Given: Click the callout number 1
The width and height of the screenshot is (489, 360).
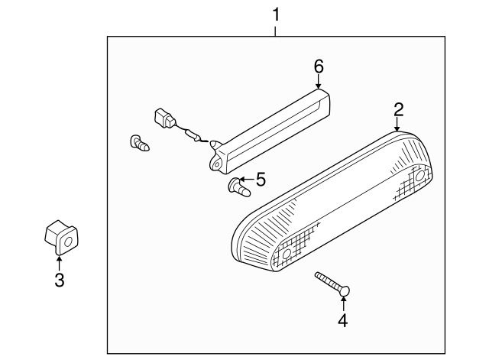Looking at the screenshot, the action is pyautogui.click(x=276, y=15).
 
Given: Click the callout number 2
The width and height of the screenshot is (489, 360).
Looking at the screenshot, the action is pyautogui.click(x=399, y=109).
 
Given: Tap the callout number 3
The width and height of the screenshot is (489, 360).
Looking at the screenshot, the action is pyautogui.click(x=60, y=280).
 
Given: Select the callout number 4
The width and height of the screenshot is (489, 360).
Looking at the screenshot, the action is pyautogui.click(x=343, y=320).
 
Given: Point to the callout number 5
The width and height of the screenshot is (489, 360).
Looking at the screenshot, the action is pyautogui.click(x=261, y=180).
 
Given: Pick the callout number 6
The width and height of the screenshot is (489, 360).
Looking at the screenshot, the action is pyautogui.click(x=319, y=66).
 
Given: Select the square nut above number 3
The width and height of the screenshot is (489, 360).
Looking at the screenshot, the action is pyautogui.click(x=61, y=237).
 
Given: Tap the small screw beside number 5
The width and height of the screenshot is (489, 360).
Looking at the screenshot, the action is pyautogui.click(x=239, y=187).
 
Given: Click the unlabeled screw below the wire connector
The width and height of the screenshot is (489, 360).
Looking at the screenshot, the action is pyautogui.click(x=139, y=144).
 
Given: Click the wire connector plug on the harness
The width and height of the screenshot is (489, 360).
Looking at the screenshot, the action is pyautogui.click(x=165, y=118).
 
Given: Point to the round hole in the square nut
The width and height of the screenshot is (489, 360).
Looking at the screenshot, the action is pyautogui.click(x=68, y=242).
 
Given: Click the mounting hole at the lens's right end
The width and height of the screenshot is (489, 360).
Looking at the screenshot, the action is pyautogui.click(x=419, y=177).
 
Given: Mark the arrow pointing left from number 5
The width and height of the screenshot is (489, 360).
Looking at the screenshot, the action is pyautogui.click(x=247, y=180).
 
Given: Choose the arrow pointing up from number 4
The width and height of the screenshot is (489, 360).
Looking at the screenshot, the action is pyautogui.click(x=343, y=304).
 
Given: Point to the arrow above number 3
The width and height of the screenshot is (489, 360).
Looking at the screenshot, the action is pyautogui.click(x=59, y=263).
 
